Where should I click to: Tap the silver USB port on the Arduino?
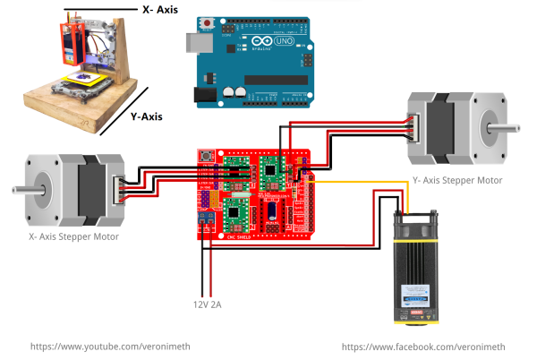tap(194, 42)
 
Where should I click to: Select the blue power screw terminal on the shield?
tap(205, 218)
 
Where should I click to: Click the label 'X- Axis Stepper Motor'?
tap(71, 236)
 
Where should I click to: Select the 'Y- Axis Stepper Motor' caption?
tap(456, 181)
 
